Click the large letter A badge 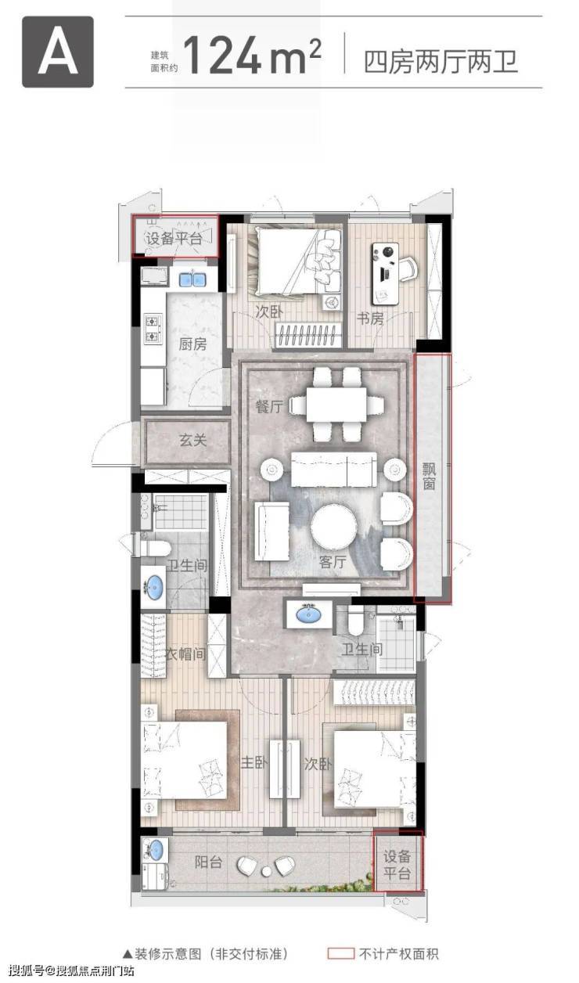pyautogui.click(x=58, y=52)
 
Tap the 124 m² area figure pyautogui.click(x=251, y=56)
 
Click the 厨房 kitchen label pyautogui.click(x=192, y=344)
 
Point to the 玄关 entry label pyautogui.click(x=193, y=440)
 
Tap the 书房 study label pyautogui.click(x=370, y=319)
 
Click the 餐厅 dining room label pyautogui.click(x=269, y=406)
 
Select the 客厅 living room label pyautogui.click(x=333, y=562)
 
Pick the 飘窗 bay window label pyautogui.click(x=430, y=476)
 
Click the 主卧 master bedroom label pyautogui.click(x=254, y=763)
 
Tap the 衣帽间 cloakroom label pyautogui.click(x=185, y=654)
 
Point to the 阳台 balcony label pyautogui.click(x=208, y=862)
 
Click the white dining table pyautogui.click(x=336, y=404)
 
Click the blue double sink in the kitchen pyautogui.click(x=192, y=279)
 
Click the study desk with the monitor pyautogui.click(x=386, y=274)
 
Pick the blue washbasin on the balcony pyautogui.click(x=154, y=850)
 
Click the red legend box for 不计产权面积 pyautogui.click(x=341, y=953)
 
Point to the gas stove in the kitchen pyautogui.click(x=153, y=329)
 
